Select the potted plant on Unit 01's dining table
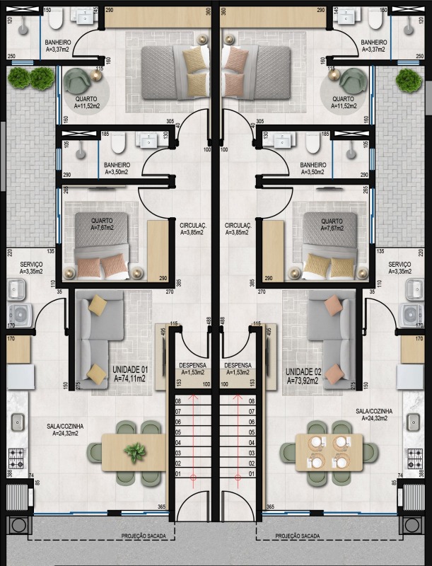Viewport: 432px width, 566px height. coord(135,451)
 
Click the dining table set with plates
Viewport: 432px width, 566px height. coord(329,451)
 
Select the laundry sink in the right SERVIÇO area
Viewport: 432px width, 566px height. coord(414,288)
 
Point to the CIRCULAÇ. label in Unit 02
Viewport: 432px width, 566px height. coord(238,228)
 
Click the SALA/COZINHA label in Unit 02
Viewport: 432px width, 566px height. coord(374,414)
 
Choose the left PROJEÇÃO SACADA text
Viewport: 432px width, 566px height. coord(144,536)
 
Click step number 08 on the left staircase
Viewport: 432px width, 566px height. coord(178,400)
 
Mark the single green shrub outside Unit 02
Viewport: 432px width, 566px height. coord(409,81)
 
